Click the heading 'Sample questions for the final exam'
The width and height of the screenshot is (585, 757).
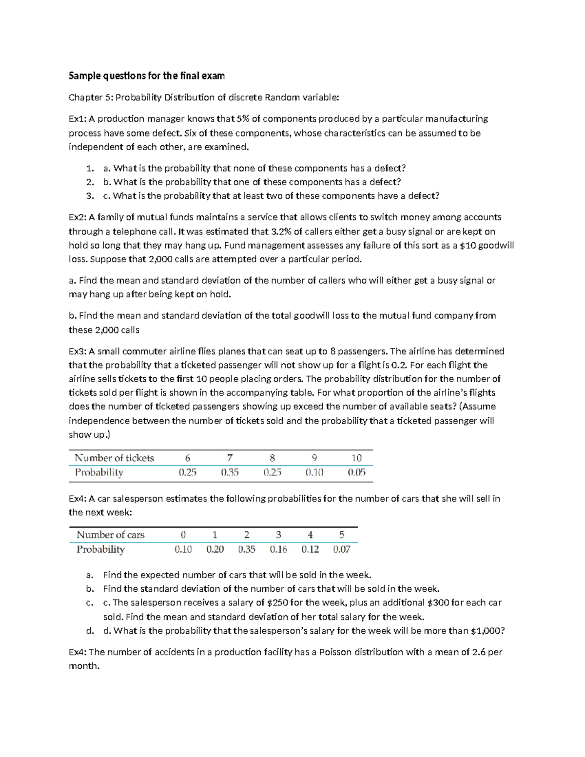(x=146, y=76)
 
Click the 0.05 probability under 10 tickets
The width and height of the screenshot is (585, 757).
(x=356, y=472)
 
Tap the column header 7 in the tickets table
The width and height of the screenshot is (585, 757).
(x=230, y=458)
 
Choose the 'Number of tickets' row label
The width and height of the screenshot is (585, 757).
(x=114, y=458)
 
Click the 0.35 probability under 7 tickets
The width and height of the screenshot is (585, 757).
(x=230, y=472)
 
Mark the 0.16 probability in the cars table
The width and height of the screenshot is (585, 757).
(x=278, y=549)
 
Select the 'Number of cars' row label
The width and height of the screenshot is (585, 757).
(x=111, y=535)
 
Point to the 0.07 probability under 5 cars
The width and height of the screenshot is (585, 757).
(x=341, y=549)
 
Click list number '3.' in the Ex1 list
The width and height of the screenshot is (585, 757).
(x=90, y=196)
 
